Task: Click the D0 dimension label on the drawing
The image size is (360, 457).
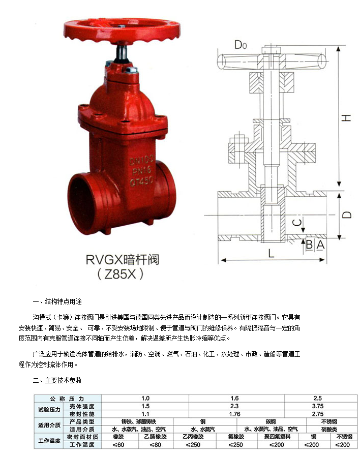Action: coord(241,45)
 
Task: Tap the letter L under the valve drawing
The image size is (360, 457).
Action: coord(272,253)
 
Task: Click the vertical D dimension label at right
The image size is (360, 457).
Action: coord(346,215)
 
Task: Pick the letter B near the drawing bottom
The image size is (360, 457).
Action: coord(309,245)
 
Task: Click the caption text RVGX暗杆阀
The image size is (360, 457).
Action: coord(122,260)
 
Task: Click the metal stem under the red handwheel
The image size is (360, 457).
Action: coord(124,52)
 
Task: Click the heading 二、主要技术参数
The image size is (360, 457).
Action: coord(57,380)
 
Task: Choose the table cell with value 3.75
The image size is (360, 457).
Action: coord(317,407)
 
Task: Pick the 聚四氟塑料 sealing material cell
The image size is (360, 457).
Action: coord(277,437)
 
